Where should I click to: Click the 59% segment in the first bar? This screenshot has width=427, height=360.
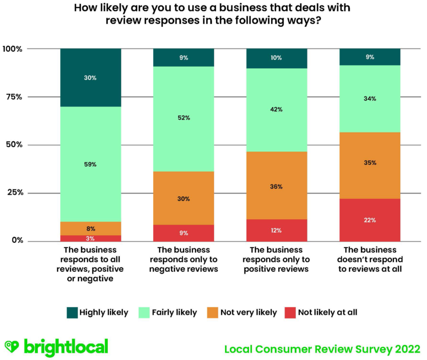[x=91, y=164]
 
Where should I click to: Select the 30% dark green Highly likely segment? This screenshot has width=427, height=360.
[x=91, y=78]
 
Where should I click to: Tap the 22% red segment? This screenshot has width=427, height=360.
[x=370, y=220]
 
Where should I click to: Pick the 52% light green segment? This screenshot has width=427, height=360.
[x=184, y=119]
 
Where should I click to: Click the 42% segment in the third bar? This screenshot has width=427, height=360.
[x=276, y=110]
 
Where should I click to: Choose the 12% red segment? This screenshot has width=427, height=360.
[x=276, y=230]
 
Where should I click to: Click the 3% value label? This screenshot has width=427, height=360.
[x=91, y=238]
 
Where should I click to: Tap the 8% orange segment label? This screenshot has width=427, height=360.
[x=91, y=228]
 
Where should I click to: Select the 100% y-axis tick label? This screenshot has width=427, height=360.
[x=12, y=49]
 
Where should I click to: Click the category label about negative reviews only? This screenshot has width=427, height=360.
[x=184, y=260]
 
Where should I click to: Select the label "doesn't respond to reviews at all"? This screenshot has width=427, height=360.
[x=370, y=260]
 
